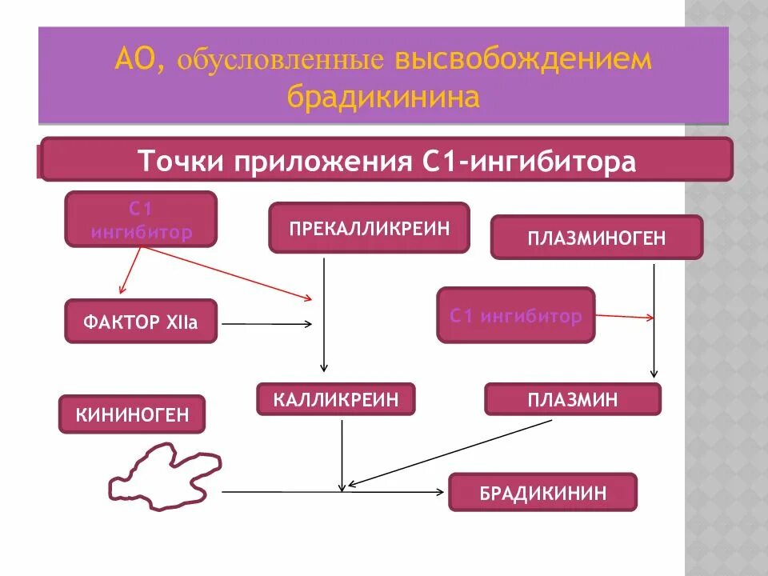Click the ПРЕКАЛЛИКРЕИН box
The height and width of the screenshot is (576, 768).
369,228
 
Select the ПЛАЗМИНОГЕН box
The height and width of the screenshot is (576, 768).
596,238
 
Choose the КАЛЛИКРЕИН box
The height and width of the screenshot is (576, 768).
335,398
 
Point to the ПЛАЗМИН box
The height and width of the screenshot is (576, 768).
573,398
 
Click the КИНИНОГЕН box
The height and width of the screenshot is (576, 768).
132,414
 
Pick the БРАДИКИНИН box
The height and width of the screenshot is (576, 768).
542,492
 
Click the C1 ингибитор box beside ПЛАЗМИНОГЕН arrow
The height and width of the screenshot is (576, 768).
516,316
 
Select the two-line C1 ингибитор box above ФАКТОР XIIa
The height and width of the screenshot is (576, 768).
141,219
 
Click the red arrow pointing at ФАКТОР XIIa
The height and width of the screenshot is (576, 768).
130,270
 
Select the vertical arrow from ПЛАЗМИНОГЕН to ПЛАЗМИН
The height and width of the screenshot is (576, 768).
654,320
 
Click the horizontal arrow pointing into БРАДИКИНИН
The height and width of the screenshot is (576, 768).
332,491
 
